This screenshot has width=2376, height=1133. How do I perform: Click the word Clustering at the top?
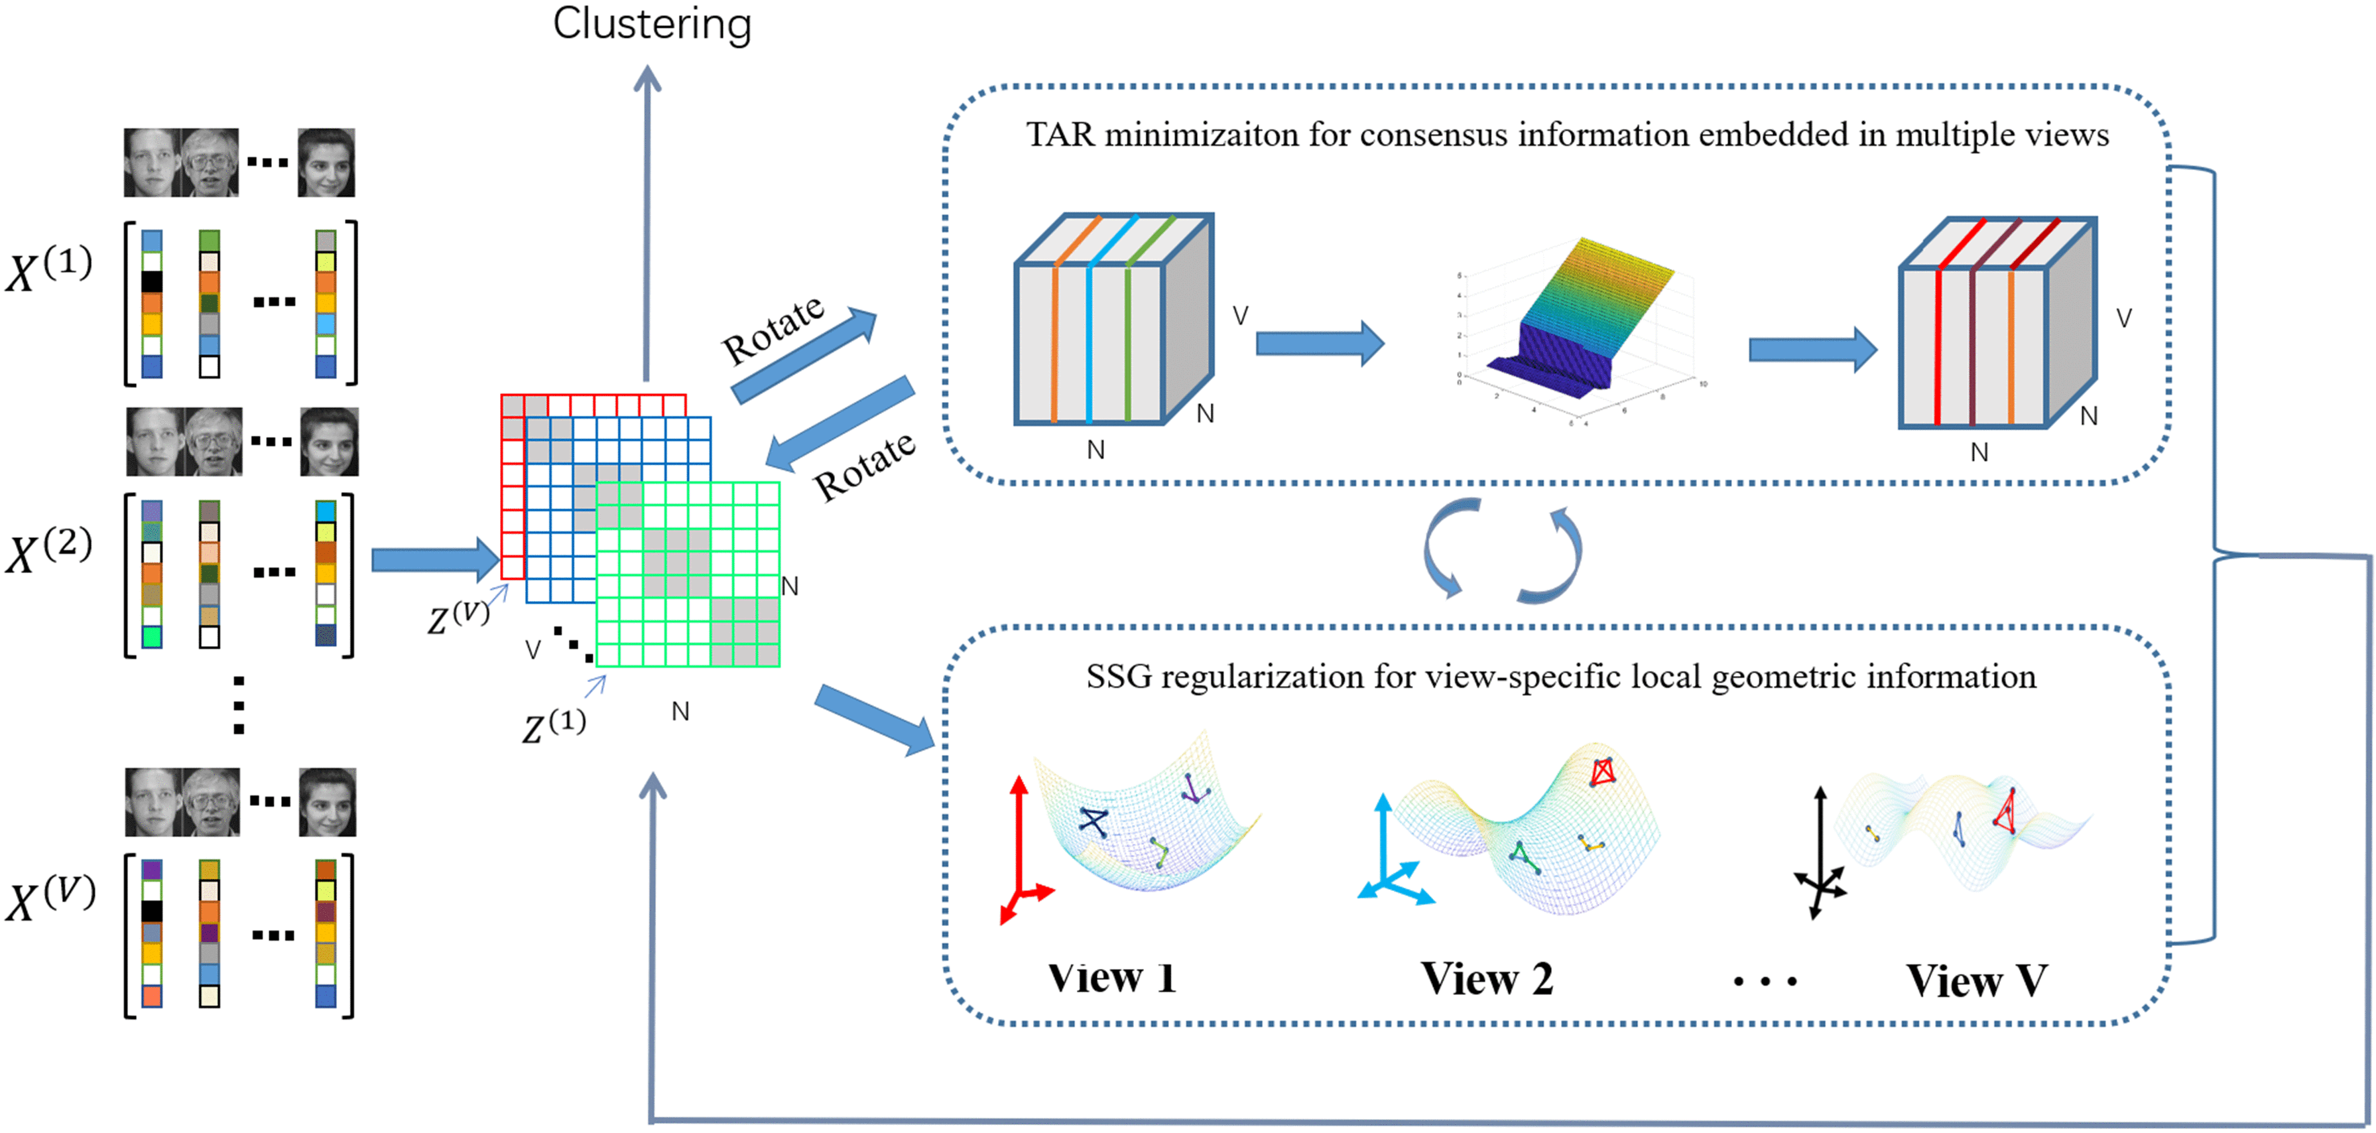click(x=651, y=24)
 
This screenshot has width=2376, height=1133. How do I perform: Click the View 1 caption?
click(x=1111, y=978)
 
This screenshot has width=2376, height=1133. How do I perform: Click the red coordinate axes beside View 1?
click(x=1021, y=854)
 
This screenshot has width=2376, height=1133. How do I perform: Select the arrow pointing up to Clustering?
click(x=647, y=222)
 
